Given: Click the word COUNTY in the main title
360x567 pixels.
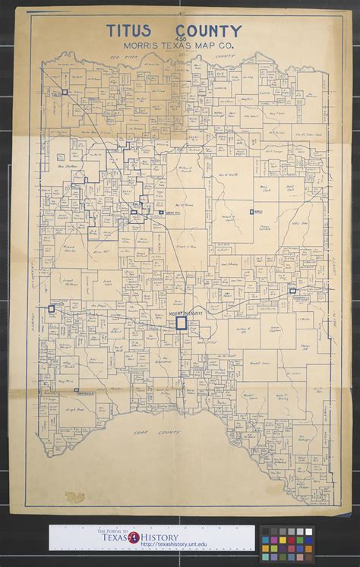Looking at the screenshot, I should click(x=207, y=31).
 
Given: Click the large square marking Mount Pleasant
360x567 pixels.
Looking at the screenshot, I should click(x=181, y=323).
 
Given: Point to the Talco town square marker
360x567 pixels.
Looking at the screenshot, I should click(x=65, y=92).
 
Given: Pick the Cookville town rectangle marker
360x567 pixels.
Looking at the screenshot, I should click(x=293, y=290).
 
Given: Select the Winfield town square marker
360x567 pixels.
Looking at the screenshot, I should click(x=52, y=309).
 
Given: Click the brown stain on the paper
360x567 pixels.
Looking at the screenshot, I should click(x=74, y=497).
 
